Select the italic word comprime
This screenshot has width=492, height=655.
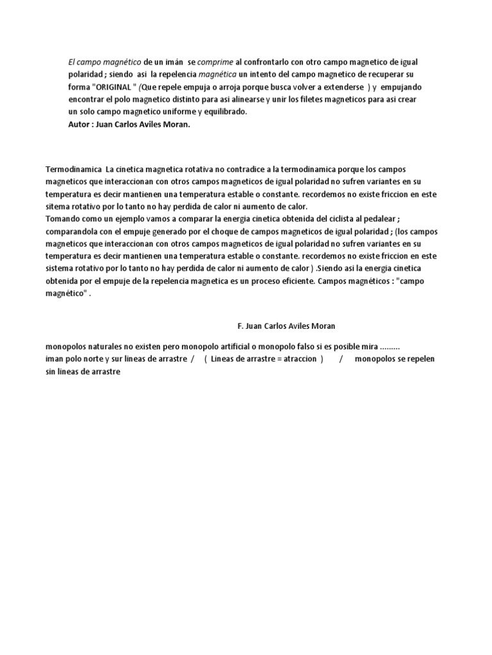click(x=215, y=62)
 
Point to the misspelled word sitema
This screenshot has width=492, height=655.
click(x=58, y=207)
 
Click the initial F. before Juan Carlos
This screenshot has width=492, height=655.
click(x=240, y=326)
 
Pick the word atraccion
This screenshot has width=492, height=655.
click(x=297, y=359)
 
